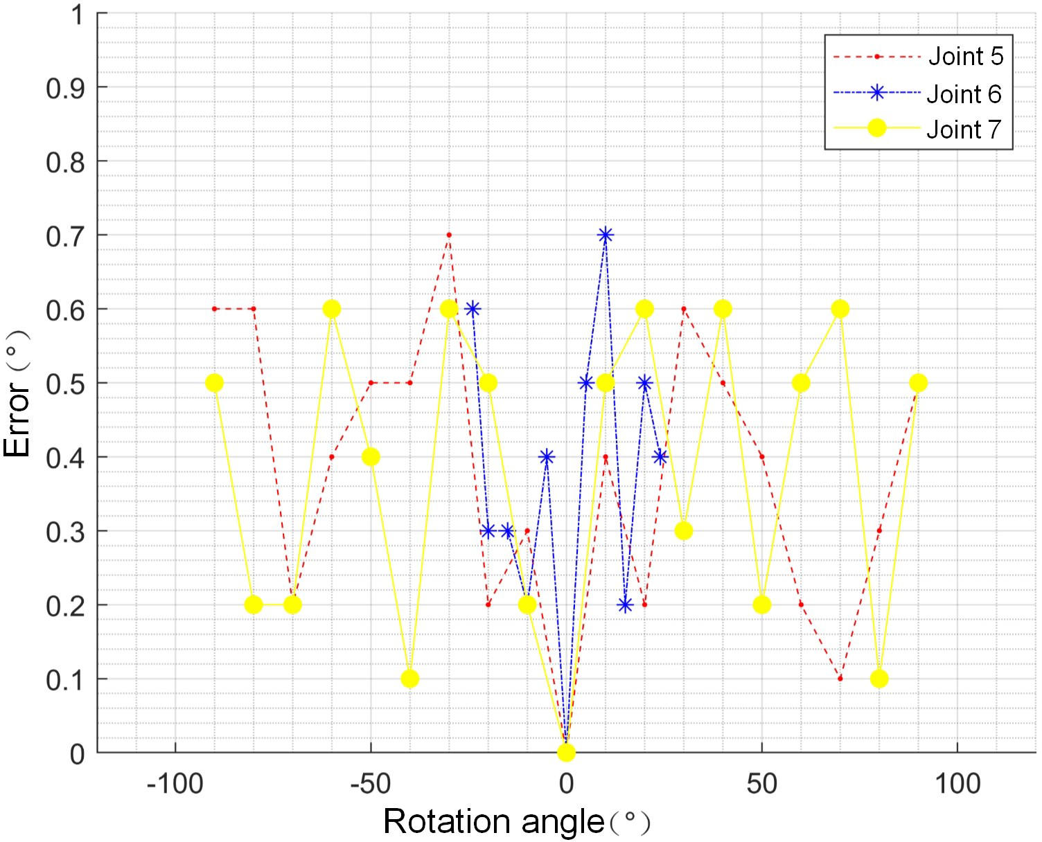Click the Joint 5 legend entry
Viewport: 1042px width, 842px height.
point(965,56)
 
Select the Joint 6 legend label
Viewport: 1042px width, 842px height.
point(964,93)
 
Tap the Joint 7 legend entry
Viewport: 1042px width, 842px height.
point(964,129)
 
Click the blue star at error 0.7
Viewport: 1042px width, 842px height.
point(606,235)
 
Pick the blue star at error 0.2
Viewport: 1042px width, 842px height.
point(625,605)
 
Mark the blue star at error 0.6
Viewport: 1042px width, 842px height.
point(473,309)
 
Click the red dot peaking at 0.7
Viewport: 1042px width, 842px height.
point(449,235)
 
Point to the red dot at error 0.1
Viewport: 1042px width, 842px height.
point(840,679)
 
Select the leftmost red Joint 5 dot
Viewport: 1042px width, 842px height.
point(215,309)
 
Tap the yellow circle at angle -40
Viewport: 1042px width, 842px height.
point(410,679)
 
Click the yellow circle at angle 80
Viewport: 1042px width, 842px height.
point(879,679)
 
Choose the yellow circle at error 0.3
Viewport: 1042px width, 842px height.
point(684,531)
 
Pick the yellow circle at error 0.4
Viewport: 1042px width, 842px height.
point(371,457)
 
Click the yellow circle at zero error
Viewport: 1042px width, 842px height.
point(567,752)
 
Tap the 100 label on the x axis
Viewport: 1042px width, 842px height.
point(957,784)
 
